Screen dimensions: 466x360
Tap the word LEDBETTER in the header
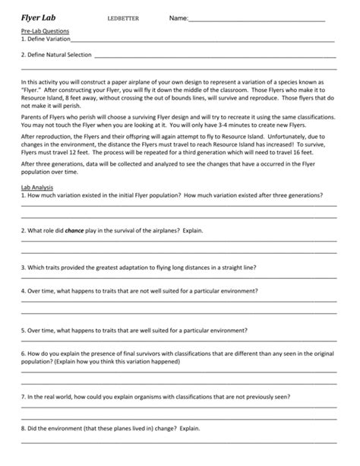pyautogui.click(x=125, y=17)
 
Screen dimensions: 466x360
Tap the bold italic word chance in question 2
pyautogui.click(x=74, y=228)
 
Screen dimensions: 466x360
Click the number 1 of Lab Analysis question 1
pyautogui.click(x=23, y=195)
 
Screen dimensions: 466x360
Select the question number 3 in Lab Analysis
pyautogui.click(x=23, y=268)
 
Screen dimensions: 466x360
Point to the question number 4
pyautogui.click(x=23, y=290)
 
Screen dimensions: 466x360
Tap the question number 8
pyautogui.click(x=23, y=429)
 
